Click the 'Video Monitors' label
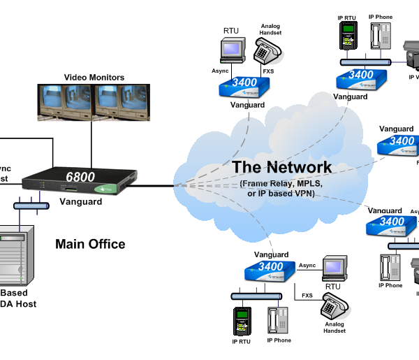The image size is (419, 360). point(94,77)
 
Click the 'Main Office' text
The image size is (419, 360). point(90,244)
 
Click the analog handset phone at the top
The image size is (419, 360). point(267,51)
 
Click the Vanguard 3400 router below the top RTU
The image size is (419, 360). point(244,87)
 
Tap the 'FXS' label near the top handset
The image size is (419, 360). point(267,71)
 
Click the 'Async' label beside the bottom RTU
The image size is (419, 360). point(308,266)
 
